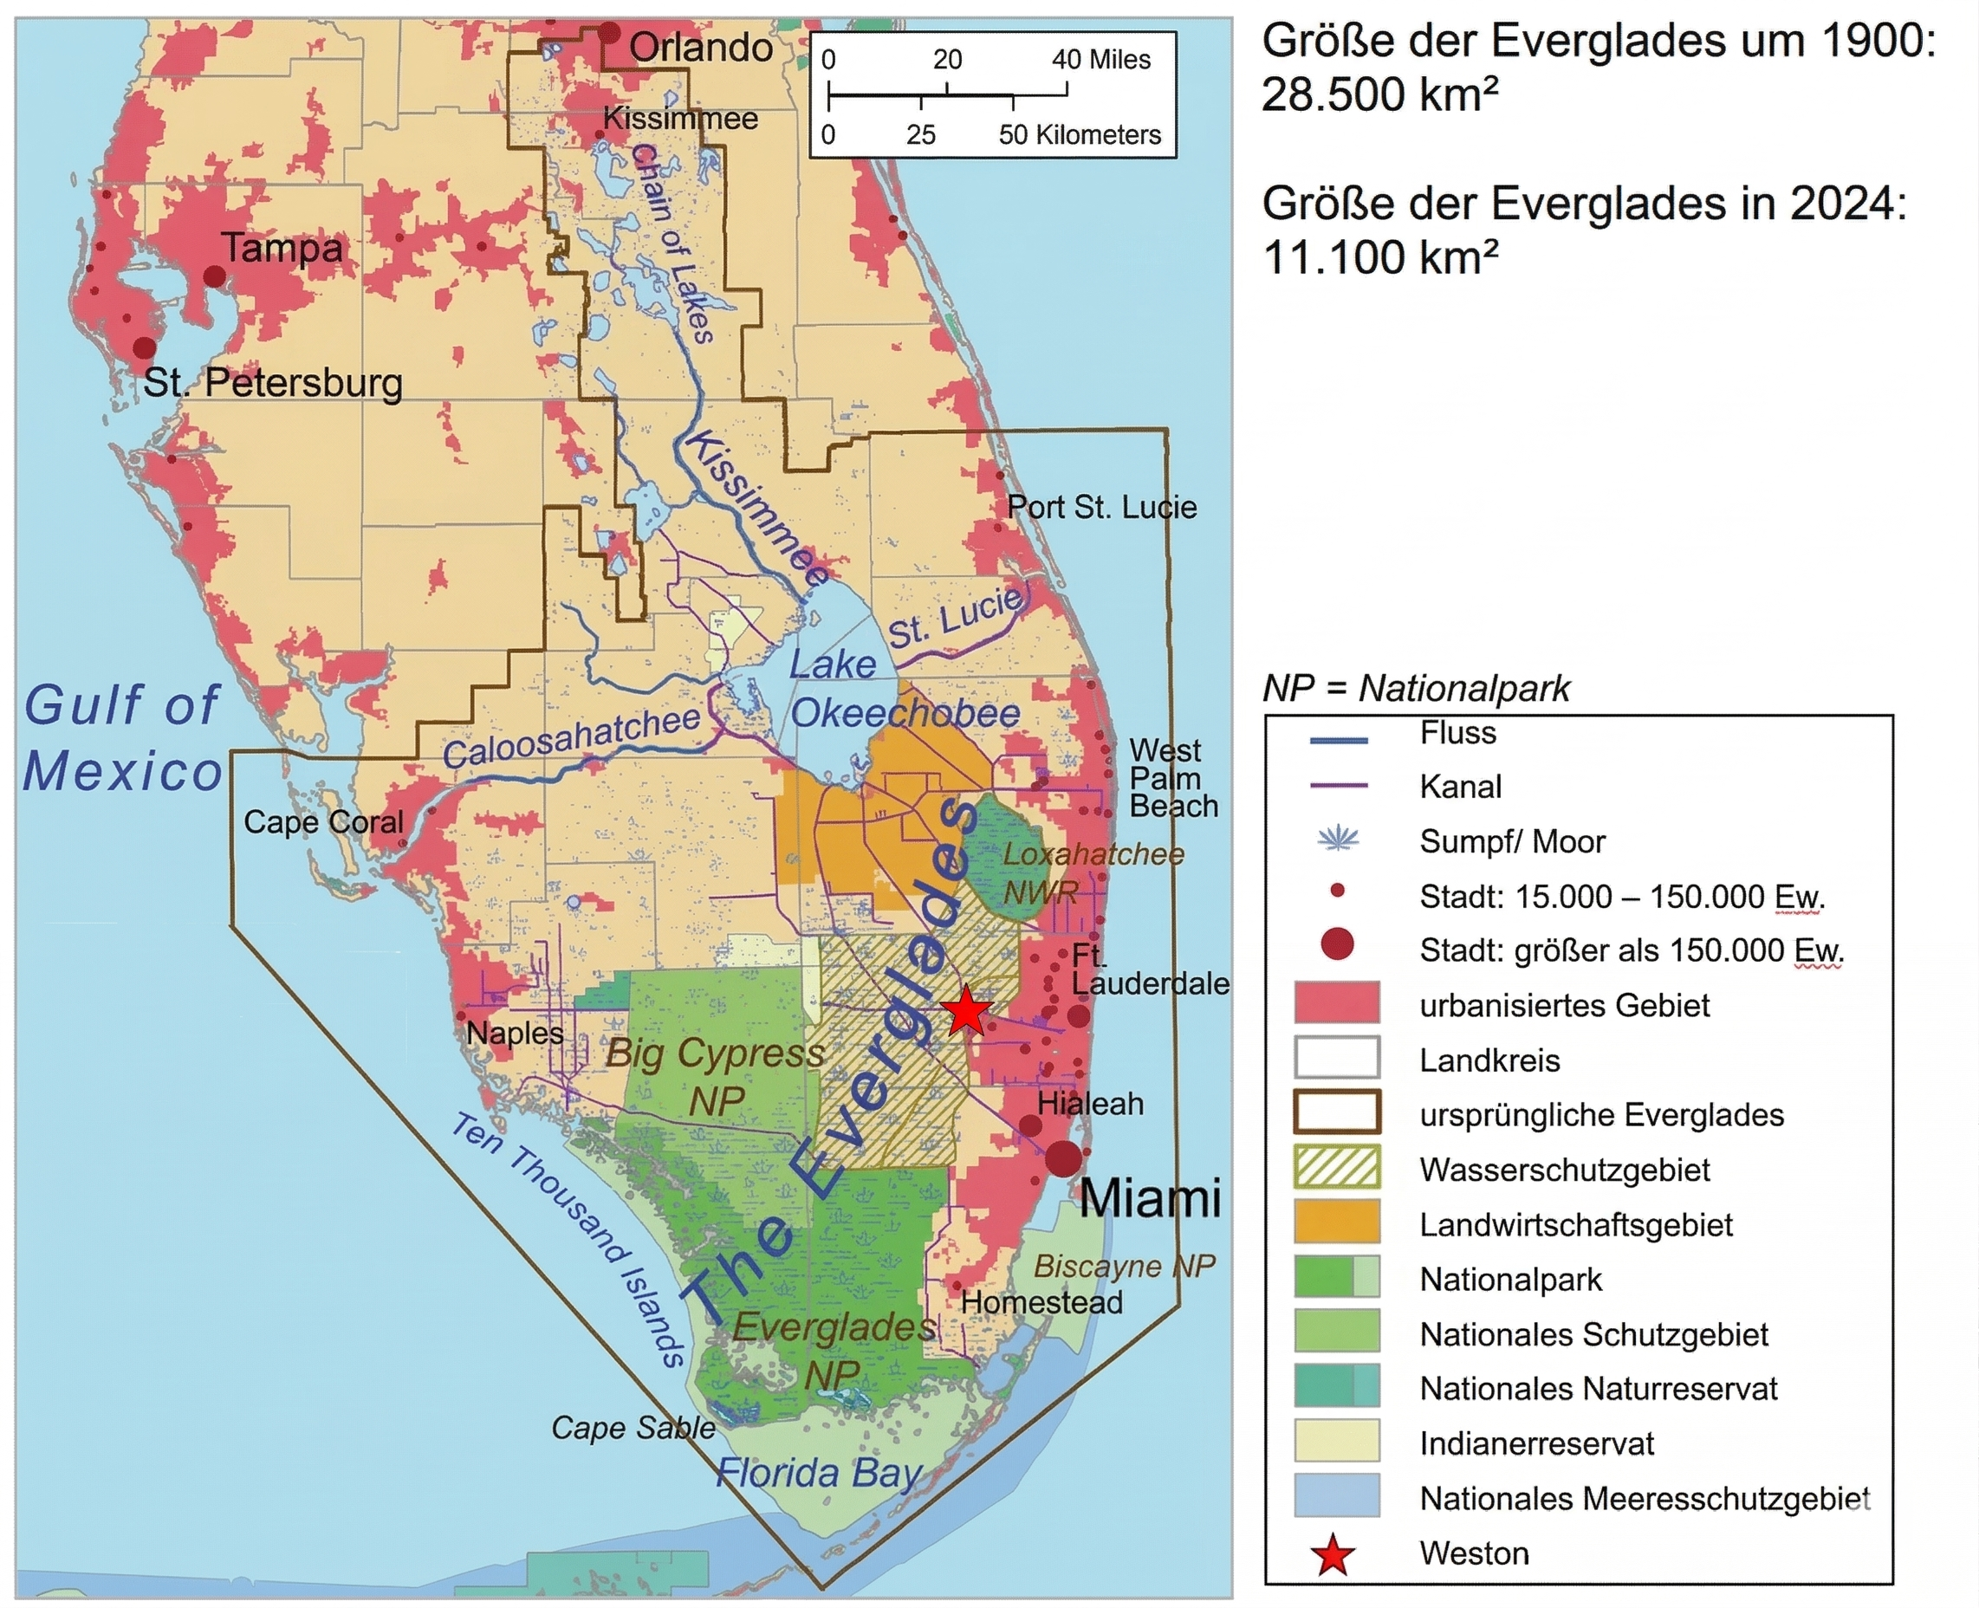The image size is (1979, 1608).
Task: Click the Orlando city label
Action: point(700,49)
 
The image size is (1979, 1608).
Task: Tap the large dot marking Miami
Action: point(1064,1158)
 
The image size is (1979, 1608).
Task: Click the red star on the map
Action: point(966,1010)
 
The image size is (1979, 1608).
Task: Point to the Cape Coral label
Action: point(323,822)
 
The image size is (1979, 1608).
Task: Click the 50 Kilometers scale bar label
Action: point(1079,135)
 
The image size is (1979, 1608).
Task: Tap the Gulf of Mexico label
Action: point(122,737)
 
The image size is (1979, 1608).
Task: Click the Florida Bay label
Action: point(818,1473)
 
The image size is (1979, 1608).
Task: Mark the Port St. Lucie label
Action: point(1101,508)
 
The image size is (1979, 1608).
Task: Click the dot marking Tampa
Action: point(214,276)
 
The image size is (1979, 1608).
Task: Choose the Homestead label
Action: point(1041,1302)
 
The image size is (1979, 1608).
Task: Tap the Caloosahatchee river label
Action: point(571,738)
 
